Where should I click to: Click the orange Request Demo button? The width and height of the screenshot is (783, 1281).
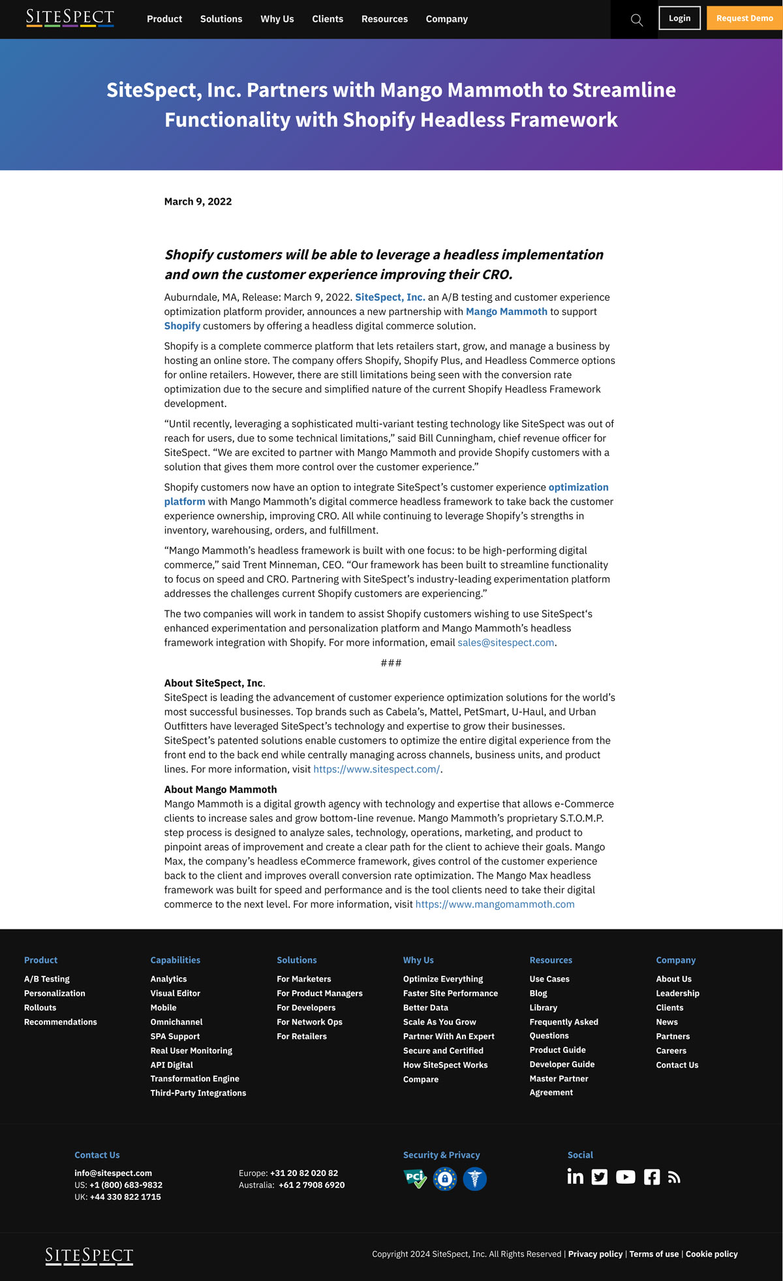[x=745, y=18]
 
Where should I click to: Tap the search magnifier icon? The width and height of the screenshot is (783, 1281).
[x=637, y=20]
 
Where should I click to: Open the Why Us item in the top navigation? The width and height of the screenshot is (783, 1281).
[x=277, y=19]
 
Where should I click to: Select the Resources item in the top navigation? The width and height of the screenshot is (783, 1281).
[x=384, y=19]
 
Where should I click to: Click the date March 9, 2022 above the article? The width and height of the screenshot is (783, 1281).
[x=198, y=202]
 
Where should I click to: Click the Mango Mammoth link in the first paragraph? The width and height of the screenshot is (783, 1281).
[x=506, y=312]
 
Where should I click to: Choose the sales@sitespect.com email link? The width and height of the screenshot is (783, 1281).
[x=506, y=642]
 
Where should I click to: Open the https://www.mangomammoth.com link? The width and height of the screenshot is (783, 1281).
[x=495, y=904]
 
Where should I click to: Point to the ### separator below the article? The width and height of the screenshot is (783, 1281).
[x=391, y=663]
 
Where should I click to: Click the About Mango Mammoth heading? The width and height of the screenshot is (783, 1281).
[x=221, y=789]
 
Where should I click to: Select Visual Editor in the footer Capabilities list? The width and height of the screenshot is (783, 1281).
[x=176, y=993]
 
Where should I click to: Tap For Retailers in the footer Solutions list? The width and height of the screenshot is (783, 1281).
[x=301, y=1036]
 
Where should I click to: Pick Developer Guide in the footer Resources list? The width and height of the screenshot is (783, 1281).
[x=562, y=1064]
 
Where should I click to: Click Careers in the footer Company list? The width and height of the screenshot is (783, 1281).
[x=671, y=1051]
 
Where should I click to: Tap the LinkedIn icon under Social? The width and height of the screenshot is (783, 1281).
[x=575, y=1177]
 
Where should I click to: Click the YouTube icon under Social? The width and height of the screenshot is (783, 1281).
[x=625, y=1177]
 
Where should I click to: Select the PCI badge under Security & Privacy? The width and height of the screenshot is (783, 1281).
[x=415, y=1179]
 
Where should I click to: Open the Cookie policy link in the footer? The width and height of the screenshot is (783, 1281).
[x=711, y=1254]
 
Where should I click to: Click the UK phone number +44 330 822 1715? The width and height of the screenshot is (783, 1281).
[x=125, y=1197]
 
